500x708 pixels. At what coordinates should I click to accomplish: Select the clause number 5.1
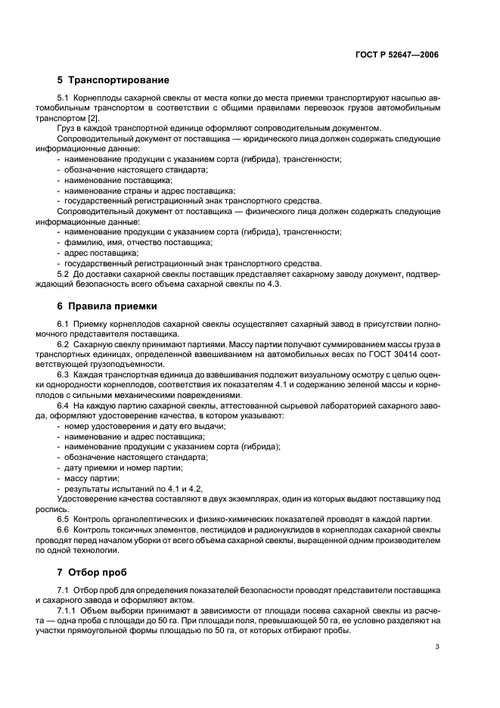coord(64,99)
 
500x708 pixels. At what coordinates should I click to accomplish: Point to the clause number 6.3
coord(64,374)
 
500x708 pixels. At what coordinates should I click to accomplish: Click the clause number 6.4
coord(64,406)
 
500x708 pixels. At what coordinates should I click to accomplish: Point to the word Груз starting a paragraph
coord(67,129)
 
